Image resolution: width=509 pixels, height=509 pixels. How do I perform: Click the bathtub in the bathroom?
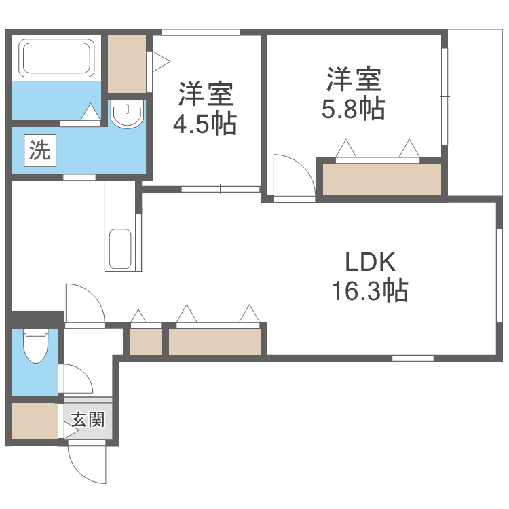pos(57,58)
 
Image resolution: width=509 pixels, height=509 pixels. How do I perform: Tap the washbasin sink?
pos(126,115)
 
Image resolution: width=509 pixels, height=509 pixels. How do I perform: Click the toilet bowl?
pos(33,347)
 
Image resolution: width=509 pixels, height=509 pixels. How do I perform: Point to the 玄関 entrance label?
pos(88,420)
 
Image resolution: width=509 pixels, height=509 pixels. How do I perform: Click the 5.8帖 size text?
pos(353,109)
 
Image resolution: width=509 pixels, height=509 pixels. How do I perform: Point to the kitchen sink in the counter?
pos(120,250)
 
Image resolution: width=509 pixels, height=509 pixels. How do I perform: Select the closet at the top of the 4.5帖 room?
pos(128,63)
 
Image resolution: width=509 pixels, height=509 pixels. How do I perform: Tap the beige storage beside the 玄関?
pos(35,421)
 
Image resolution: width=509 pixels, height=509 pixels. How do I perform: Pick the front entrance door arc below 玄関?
pos(87,464)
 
